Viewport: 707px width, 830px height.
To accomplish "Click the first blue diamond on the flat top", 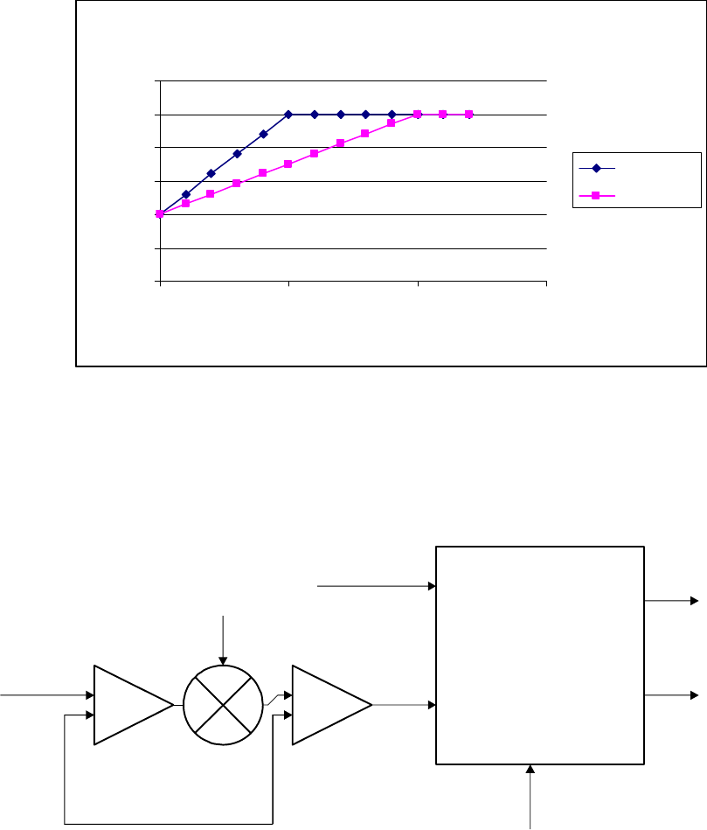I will click(288, 115).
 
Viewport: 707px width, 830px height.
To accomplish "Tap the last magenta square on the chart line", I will click(469, 115).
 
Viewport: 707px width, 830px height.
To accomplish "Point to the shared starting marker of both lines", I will click(160, 213).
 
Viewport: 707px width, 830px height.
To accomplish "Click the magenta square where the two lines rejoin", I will click(418, 115).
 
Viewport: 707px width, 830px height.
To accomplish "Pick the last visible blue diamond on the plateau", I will click(392, 115).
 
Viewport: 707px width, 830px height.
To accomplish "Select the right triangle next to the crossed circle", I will click(329, 705).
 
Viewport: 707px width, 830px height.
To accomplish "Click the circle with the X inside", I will click(224, 705).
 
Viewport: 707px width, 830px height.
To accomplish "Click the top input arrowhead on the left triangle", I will click(90, 695).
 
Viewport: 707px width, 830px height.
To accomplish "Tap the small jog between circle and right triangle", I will click(275, 697).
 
